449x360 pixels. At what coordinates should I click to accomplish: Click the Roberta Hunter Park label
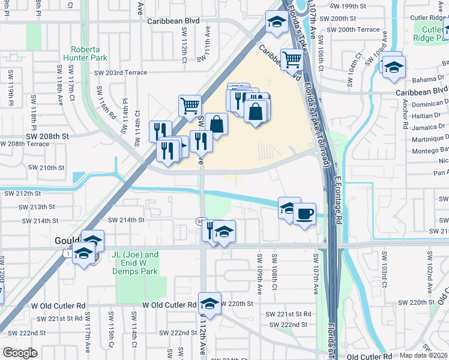tap(89, 53)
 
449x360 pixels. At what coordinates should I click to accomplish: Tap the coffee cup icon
tap(304, 214)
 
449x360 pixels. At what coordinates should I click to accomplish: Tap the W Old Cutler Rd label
tap(169, 305)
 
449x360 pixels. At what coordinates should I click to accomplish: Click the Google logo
tap(20, 353)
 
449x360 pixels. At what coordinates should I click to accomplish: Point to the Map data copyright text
tap(424, 355)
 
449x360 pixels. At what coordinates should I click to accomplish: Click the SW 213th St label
tap(37, 206)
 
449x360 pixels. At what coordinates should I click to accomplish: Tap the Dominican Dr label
tap(430, 104)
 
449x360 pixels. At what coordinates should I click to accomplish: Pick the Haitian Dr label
tap(427, 115)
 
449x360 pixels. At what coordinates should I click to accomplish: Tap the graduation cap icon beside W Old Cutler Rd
tap(209, 304)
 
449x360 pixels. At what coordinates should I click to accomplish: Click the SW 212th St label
tap(22, 193)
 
